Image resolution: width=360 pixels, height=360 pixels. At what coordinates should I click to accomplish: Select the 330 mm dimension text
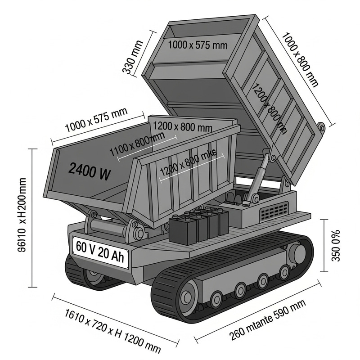132,57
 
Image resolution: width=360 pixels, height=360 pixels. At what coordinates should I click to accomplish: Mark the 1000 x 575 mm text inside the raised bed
198,45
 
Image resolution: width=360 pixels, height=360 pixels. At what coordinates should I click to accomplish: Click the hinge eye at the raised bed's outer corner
321,128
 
